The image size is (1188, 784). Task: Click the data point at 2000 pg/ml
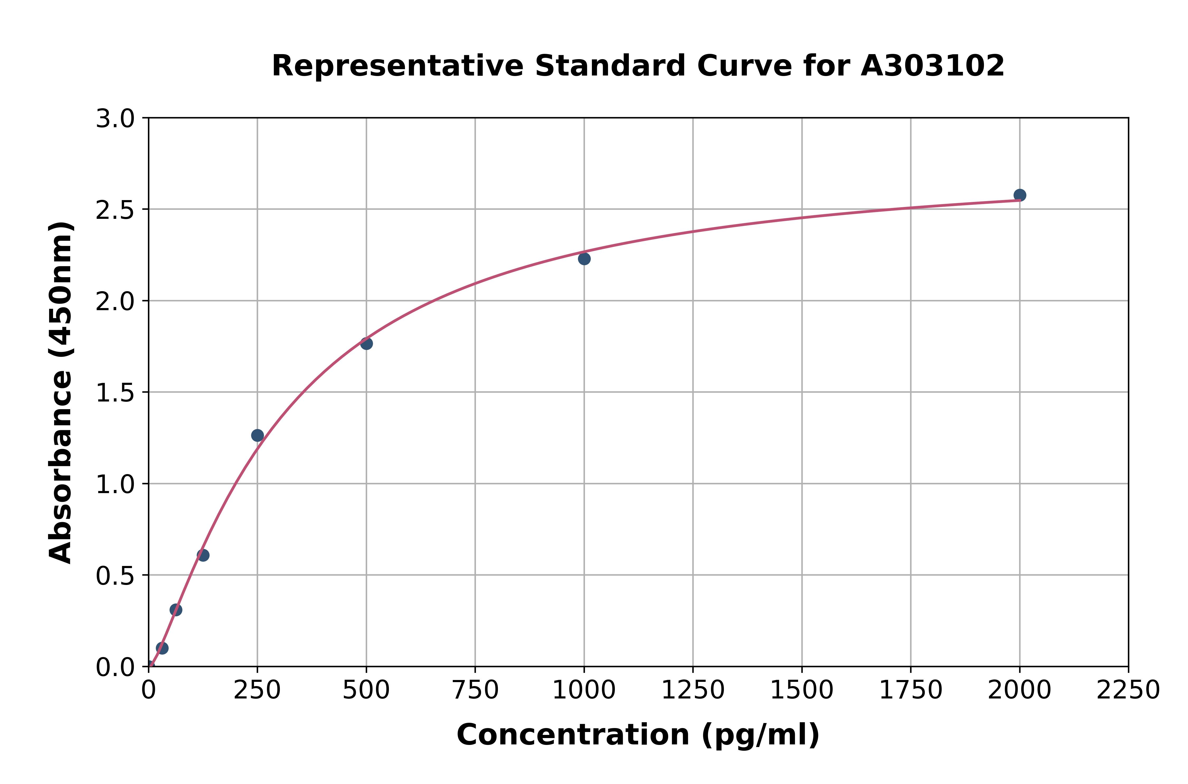pyautogui.click(x=1020, y=195)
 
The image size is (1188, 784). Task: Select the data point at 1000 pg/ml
pyautogui.click(x=584, y=258)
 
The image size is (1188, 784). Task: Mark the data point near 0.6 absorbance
pyautogui.click(x=203, y=555)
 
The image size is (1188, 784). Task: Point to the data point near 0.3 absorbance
pyautogui.click(x=176, y=610)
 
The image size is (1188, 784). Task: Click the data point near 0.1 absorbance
pyautogui.click(x=162, y=648)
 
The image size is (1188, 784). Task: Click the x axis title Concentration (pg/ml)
pyautogui.click(x=638, y=735)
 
